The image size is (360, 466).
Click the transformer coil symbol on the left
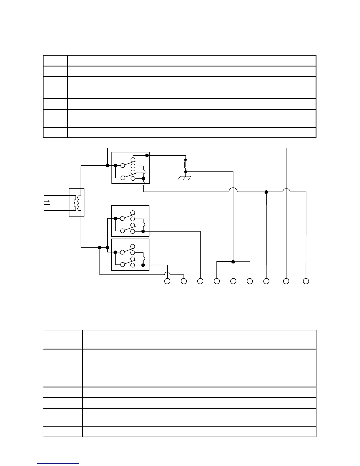(77, 202)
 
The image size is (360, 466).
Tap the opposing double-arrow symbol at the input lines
(47, 203)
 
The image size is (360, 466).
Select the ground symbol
(184, 178)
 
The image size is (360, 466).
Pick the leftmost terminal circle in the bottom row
(167, 281)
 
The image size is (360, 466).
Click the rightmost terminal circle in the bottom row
(306, 281)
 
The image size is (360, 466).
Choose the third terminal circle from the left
(200, 281)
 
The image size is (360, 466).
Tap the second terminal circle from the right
(286, 281)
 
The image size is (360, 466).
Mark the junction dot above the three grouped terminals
(233, 262)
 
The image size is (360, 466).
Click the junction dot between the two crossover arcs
(266, 192)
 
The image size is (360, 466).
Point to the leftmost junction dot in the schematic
(100, 247)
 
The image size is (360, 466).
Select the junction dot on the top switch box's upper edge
(147, 155)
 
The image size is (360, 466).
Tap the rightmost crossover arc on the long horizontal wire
(286, 190)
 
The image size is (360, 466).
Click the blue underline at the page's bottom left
(58, 463)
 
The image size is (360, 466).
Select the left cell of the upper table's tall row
(55, 118)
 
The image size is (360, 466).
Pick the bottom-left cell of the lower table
(62, 431)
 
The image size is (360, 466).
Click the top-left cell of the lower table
(62, 339)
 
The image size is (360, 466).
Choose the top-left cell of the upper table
(55, 61)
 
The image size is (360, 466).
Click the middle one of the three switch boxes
(130, 221)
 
